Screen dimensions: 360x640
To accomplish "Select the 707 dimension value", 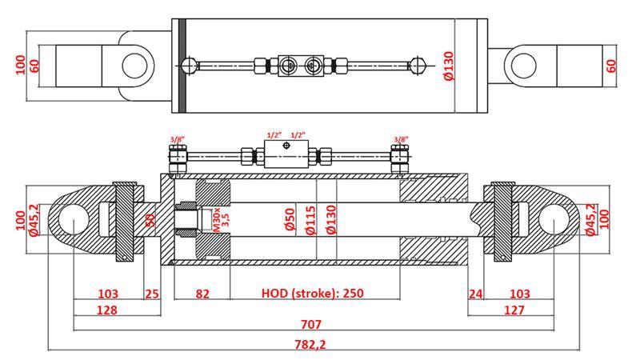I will point(310,324).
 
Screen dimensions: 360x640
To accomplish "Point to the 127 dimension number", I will point(514,310).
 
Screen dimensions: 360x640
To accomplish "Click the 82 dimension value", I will point(202,294).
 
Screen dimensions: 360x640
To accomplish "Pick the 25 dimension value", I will point(152,294).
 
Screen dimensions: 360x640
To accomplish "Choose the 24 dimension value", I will point(475,294).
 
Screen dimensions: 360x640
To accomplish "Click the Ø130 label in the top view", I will point(448,66).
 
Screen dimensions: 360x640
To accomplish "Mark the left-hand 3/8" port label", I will point(177,140).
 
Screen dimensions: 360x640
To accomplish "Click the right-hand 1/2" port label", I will point(300,135).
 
